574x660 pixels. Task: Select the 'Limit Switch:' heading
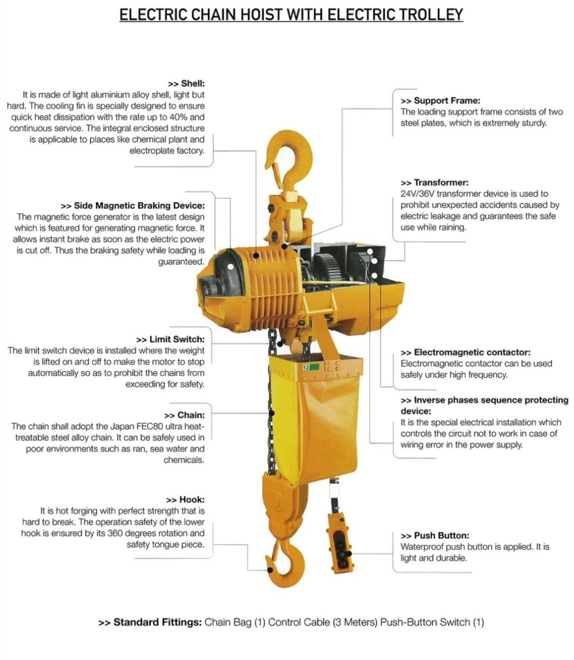click(x=176, y=339)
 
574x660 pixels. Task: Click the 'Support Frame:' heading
click(x=447, y=101)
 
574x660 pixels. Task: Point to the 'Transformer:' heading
click(x=441, y=182)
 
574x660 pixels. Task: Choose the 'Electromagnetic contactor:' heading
click(x=472, y=352)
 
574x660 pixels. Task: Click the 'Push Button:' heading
click(x=441, y=535)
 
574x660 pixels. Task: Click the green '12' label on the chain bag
click(x=310, y=367)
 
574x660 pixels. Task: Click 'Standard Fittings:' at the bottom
click(x=157, y=622)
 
